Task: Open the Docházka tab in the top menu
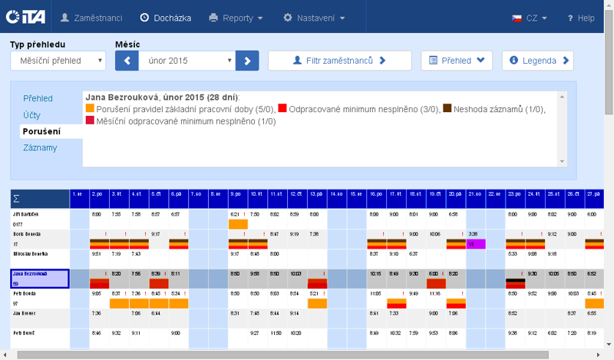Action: [x=166, y=17]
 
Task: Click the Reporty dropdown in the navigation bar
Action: [x=236, y=17]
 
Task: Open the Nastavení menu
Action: [x=314, y=17]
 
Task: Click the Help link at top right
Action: [x=581, y=18]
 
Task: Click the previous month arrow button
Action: [x=127, y=60]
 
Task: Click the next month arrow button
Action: [x=247, y=60]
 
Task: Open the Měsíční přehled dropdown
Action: [x=58, y=61]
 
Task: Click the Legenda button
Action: [x=537, y=60]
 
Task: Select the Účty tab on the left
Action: [x=31, y=115]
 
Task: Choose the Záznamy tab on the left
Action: [x=40, y=147]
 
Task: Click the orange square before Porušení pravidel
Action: [x=90, y=109]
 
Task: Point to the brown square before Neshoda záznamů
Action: [x=447, y=109]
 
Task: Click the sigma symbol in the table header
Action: [x=18, y=198]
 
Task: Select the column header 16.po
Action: [x=375, y=194]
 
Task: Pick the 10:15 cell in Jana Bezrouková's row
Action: [x=375, y=273]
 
